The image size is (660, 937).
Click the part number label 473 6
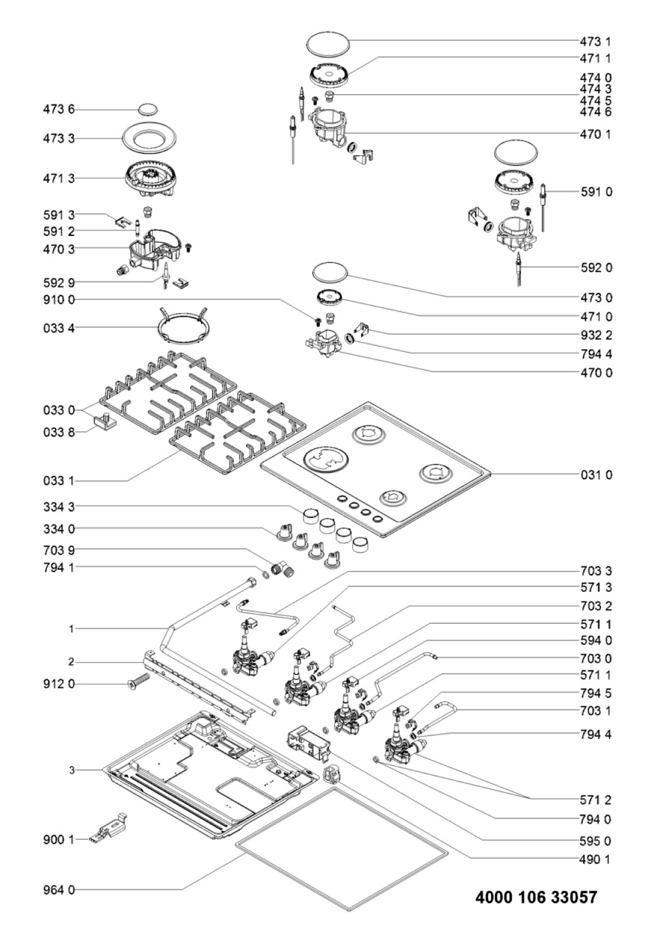tap(59, 110)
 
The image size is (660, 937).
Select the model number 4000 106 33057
tap(536, 897)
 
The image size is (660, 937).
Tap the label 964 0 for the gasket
tap(59, 890)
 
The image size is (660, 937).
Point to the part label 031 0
tap(596, 475)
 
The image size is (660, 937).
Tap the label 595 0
tap(596, 841)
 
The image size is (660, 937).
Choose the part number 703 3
tap(596, 571)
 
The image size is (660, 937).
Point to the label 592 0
tap(596, 267)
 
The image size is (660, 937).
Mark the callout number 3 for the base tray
tap(71, 770)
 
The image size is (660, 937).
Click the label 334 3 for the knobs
tap(59, 507)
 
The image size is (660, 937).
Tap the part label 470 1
tap(596, 134)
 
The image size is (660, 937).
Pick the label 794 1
tap(59, 567)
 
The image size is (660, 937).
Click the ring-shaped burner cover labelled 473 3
tap(148, 139)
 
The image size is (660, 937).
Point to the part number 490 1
tap(596, 859)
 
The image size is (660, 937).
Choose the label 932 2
tap(596, 335)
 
